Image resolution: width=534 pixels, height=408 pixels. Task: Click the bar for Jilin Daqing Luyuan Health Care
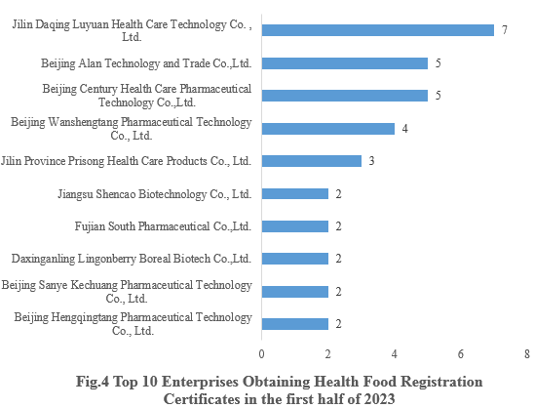point(378,30)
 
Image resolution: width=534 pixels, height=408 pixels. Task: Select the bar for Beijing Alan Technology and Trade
point(345,63)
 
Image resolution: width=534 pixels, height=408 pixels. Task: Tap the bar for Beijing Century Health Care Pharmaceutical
point(345,96)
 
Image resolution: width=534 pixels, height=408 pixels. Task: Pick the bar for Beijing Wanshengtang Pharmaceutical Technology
point(328,128)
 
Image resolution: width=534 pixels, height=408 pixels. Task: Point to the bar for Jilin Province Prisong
point(312,161)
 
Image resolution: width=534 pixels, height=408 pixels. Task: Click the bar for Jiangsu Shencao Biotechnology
point(295,193)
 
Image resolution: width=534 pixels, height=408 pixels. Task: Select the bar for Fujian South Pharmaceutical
point(295,225)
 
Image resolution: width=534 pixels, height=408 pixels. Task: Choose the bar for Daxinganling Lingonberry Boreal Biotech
point(295,259)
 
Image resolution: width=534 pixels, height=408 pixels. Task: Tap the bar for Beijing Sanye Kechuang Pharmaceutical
point(295,291)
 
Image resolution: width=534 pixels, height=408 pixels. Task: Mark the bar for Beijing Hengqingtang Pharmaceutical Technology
point(295,323)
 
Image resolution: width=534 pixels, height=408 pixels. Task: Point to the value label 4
point(404,129)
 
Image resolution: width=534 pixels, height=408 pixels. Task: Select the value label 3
point(371,161)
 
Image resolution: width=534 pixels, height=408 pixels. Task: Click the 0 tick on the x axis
point(262,353)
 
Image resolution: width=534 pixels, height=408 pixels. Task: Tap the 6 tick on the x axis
point(461,353)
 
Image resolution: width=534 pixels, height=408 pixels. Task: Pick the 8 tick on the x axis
point(526,353)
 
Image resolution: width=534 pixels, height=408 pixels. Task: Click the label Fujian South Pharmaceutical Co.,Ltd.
point(163,226)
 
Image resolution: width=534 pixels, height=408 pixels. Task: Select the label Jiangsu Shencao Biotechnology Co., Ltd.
point(156,194)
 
